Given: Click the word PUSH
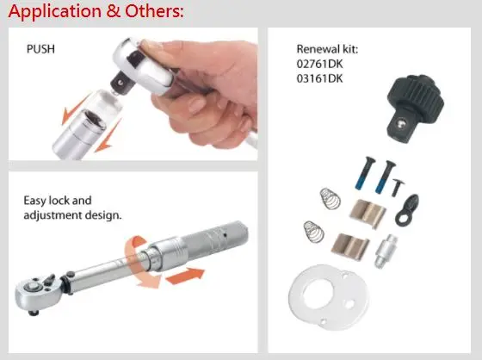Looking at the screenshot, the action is (41, 49).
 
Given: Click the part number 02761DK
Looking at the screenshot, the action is (319, 64).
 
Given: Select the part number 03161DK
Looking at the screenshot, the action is (319, 78).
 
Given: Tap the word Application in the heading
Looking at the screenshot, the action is (55, 12).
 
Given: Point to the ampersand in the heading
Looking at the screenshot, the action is (113, 11).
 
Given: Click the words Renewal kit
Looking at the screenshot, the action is (327, 49).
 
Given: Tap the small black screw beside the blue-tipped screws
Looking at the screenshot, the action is (398, 188).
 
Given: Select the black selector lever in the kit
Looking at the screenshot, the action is (406, 210).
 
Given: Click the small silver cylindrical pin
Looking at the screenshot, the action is (385, 251).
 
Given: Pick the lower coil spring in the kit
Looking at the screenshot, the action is (313, 232).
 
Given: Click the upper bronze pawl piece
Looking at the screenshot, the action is (368, 213).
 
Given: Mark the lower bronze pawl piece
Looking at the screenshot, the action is (350, 245).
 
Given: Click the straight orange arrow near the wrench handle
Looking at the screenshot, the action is (185, 276).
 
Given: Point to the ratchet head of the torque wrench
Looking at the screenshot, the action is (37, 292).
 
